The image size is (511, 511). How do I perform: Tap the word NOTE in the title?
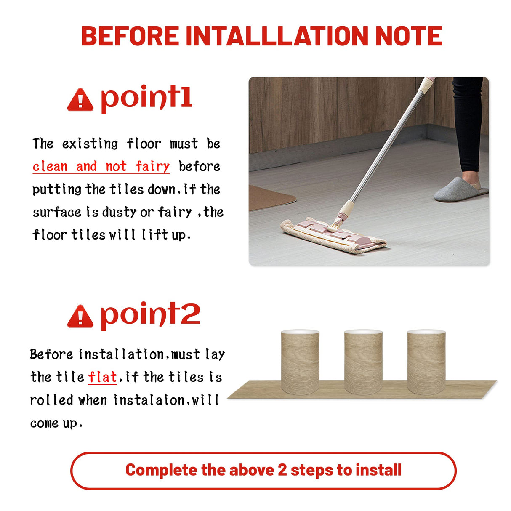coord(408,36)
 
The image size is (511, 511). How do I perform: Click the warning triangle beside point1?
coord(80,100)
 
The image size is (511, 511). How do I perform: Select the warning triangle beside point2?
coord(80,317)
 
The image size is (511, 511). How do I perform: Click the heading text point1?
coord(146,98)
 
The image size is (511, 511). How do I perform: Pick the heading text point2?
coord(150,314)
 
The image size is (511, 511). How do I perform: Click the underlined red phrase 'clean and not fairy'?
coord(101,167)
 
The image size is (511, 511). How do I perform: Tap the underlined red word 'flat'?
coord(102,377)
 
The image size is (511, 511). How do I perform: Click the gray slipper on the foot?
coord(459,189)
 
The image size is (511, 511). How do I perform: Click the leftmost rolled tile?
coord(300,362)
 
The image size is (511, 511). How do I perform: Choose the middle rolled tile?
coord(363,362)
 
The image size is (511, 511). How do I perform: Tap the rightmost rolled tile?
coord(426,362)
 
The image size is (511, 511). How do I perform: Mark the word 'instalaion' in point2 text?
coord(149,400)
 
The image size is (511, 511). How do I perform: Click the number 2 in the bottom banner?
coord(282,470)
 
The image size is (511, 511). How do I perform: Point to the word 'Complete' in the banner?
coord(162,470)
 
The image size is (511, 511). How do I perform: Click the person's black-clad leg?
coord(468,122)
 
